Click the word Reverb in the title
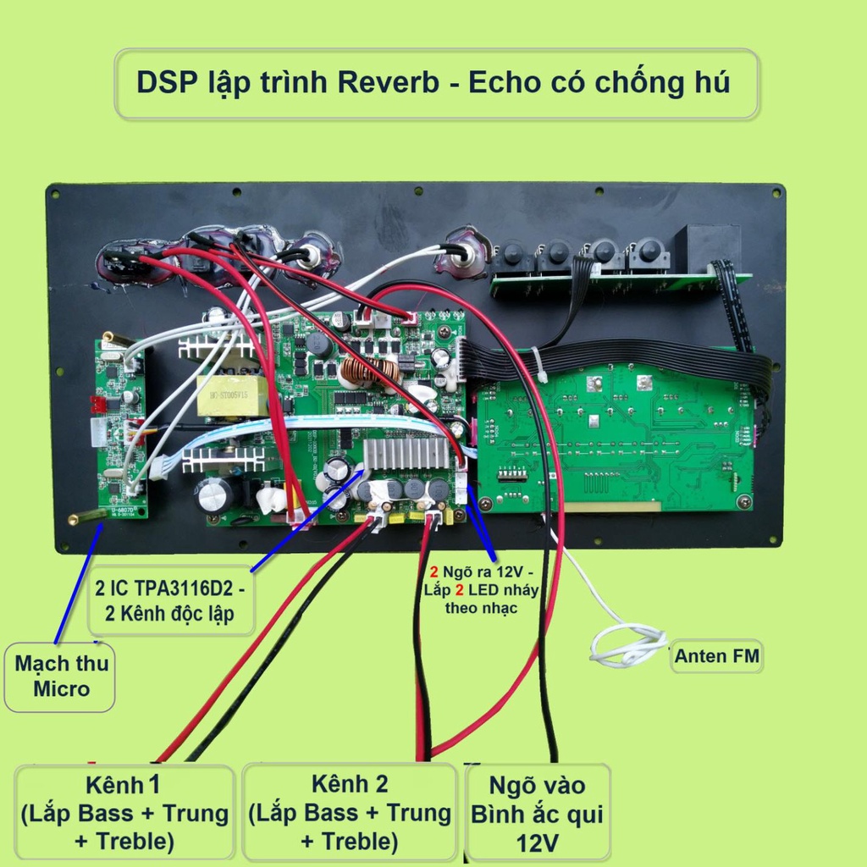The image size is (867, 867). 389,84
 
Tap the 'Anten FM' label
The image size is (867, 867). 716,655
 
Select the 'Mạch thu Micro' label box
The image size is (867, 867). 60,676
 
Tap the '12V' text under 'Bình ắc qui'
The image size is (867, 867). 538,842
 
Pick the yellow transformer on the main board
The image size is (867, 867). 232,395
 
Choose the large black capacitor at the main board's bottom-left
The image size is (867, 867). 215,495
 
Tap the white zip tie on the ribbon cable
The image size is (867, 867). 538,364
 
